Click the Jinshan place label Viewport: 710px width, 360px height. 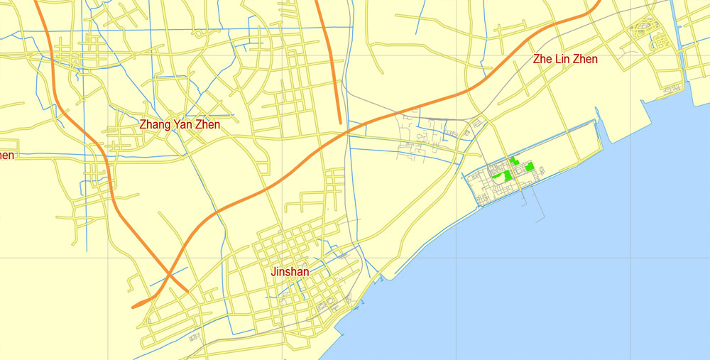pyautogui.click(x=290, y=271)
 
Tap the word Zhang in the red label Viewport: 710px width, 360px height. pyautogui.click(x=154, y=124)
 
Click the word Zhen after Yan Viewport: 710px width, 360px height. pyautogui.click(x=207, y=124)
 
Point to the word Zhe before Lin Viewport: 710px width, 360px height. pyautogui.click(x=542, y=59)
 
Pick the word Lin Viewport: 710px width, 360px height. pyautogui.click(x=562, y=59)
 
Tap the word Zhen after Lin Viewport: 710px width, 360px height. pyautogui.click(x=585, y=59)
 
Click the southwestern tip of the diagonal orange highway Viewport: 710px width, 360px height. pyautogui.click(x=134, y=307)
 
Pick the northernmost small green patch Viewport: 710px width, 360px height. pyautogui.click(x=513, y=160)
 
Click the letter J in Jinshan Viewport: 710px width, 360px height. pyautogui.click(x=273, y=271)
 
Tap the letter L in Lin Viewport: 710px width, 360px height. pyautogui.click(x=556, y=59)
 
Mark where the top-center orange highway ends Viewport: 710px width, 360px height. pyautogui.click(x=340, y=122)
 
